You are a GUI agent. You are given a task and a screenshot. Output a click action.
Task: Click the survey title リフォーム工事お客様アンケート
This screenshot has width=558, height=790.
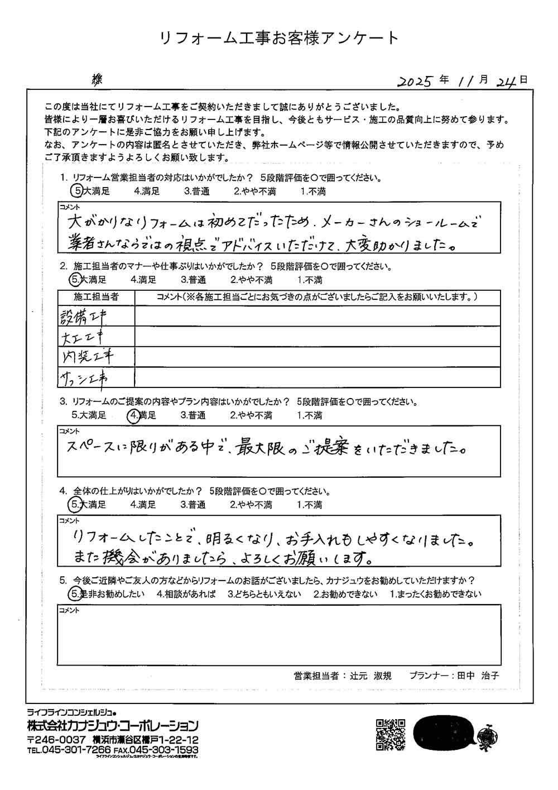click(x=279, y=38)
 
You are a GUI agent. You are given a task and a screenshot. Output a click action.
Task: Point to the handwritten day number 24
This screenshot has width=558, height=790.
click(x=507, y=81)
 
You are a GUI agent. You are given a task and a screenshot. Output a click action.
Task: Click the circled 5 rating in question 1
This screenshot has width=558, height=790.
click(x=77, y=191)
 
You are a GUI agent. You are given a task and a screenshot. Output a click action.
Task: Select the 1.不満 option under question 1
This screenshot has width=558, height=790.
click(x=313, y=191)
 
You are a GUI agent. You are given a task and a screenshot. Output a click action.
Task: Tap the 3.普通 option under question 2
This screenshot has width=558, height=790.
click(x=193, y=280)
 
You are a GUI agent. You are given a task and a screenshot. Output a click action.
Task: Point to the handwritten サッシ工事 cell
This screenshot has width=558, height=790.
click(x=84, y=378)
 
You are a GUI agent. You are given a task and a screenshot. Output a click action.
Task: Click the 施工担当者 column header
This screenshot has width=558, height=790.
click(x=96, y=296)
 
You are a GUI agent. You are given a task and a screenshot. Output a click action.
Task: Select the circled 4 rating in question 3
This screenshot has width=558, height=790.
click(x=133, y=415)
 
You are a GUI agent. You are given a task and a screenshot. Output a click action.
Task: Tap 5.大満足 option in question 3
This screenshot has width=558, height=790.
click(x=89, y=415)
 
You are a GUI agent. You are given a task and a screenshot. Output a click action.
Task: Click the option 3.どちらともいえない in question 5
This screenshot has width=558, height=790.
click(x=264, y=594)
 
